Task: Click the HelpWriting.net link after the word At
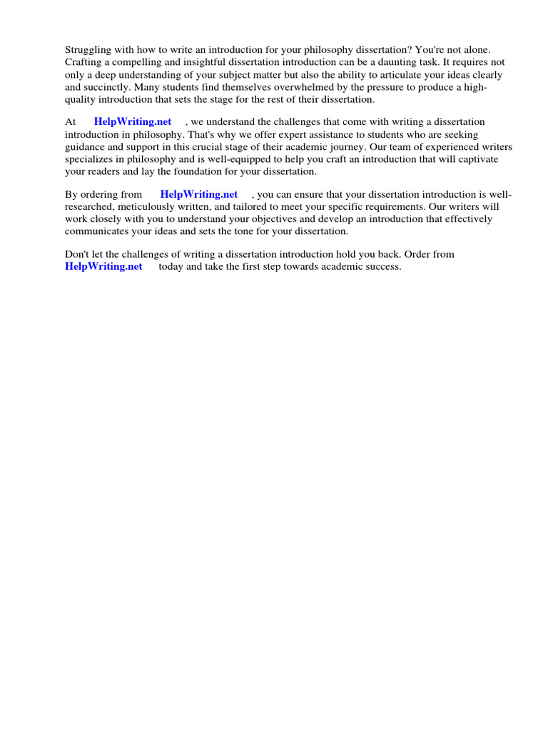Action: (133, 122)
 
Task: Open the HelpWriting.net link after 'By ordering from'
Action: (199, 194)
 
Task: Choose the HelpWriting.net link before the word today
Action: (103, 266)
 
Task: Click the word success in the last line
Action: (384, 267)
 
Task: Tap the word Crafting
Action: (85, 62)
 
